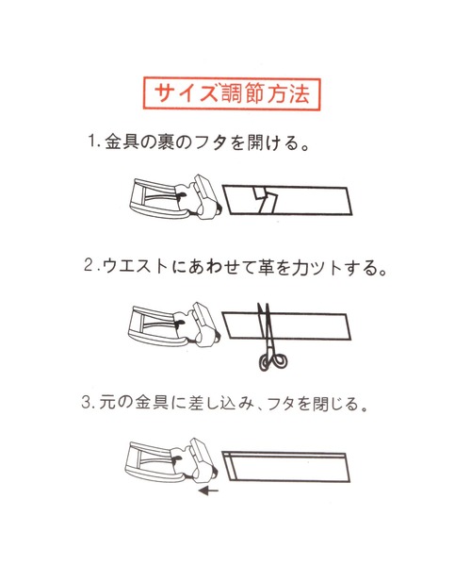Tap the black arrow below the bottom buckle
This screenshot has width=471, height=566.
coord(208,491)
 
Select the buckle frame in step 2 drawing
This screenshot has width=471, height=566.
coord(153,325)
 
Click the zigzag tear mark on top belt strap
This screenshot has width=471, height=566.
coord(266,198)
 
